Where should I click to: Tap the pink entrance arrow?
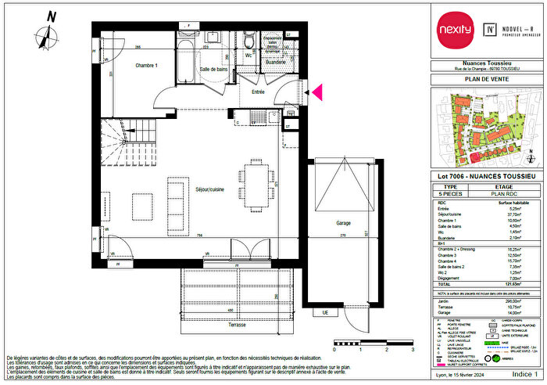coord(318,93)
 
